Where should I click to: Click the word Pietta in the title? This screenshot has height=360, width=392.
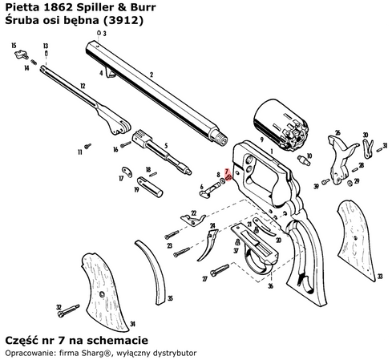coord(22,7)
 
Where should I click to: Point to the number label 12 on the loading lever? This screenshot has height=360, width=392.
coord(83,85)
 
